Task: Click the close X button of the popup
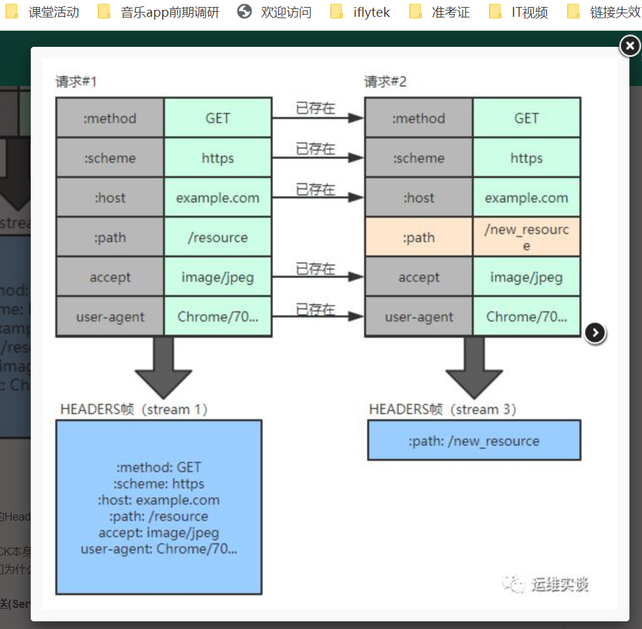point(629,46)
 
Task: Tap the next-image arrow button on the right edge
point(594,333)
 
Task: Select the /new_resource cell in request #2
point(526,237)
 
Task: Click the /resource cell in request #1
point(217,238)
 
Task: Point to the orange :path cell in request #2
point(418,238)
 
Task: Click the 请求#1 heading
point(76,82)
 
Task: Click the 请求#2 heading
point(385,82)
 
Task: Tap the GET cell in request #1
point(217,118)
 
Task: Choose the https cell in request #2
point(526,158)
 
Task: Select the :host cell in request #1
point(110,198)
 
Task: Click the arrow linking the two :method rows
point(318,118)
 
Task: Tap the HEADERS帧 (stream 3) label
point(443,409)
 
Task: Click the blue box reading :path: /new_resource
point(474,440)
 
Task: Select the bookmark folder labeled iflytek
point(362,12)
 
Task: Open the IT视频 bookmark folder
point(520,12)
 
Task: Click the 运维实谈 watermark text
point(559,584)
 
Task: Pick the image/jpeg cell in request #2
point(526,277)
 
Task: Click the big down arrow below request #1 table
point(163,367)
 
